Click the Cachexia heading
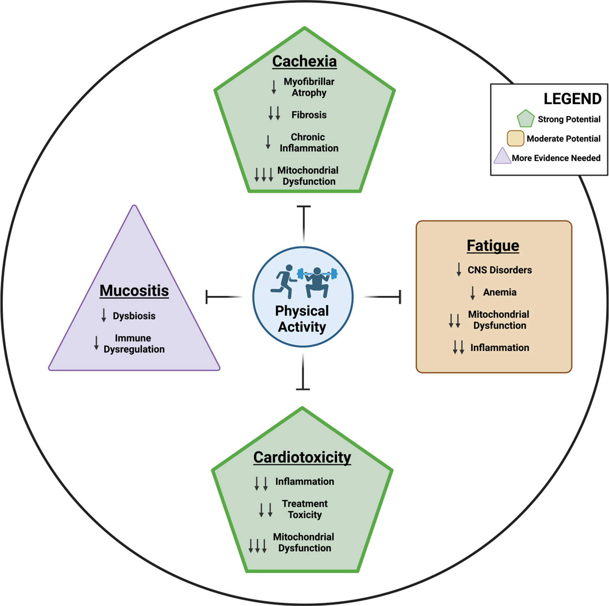(304, 62)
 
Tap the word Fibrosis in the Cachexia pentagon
(309, 115)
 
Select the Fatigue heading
(492, 246)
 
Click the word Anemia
(499, 292)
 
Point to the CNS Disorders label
(499, 270)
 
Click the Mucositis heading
(134, 291)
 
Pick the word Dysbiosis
(134, 316)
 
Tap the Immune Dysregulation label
(134, 344)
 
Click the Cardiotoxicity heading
(302, 458)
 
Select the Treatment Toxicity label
(304, 509)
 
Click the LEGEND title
(572, 99)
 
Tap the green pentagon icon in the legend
(525, 118)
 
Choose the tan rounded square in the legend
(515, 138)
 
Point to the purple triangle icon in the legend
(502, 156)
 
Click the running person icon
(283, 281)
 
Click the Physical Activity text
(302, 319)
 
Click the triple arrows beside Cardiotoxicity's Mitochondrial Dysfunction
(257, 546)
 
